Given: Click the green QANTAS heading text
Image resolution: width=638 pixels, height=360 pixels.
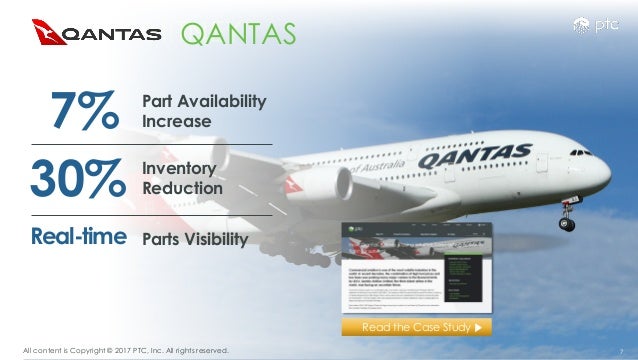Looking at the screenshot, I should pos(237,34).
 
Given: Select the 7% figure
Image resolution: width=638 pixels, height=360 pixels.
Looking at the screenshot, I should pos(75,111).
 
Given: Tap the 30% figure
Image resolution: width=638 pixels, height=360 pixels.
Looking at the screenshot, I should pos(75,178).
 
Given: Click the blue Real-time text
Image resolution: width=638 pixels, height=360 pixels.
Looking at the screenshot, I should pos(78,237).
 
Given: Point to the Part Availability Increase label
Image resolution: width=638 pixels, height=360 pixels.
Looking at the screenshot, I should pos(204,111).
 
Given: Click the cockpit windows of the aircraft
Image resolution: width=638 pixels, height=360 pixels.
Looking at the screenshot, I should pos(581,152).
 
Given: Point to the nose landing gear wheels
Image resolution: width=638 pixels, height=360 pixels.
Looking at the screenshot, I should pos(567,223).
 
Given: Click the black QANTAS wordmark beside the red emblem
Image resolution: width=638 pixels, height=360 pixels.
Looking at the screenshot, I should pos(112,34).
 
